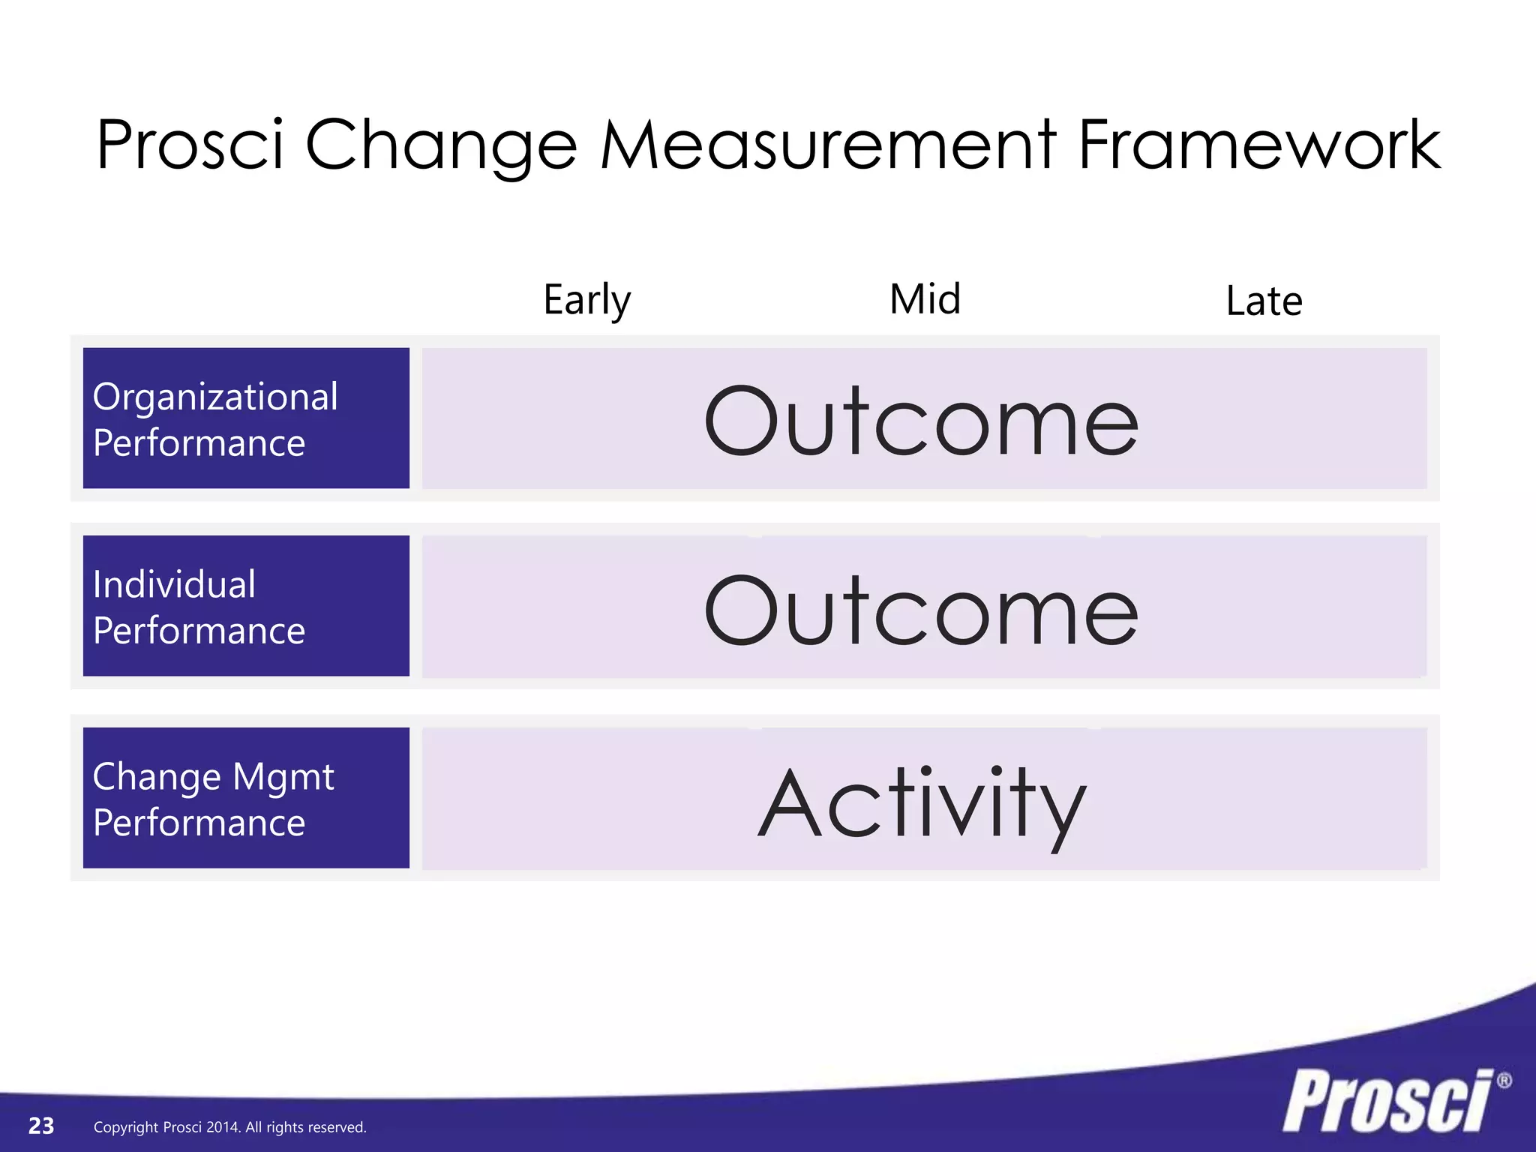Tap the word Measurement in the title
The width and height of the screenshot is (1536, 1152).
click(828, 145)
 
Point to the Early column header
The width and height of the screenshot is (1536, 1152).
click(587, 300)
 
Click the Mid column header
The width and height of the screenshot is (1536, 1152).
click(925, 299)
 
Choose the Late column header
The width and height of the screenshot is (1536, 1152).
click(1264, 301)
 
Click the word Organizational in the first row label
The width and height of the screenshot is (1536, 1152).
click(215, 397)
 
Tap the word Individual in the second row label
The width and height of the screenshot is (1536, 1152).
click(174, 584)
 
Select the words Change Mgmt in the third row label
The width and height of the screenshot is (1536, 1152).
click(213, 777)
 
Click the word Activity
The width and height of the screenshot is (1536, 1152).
click(922, 804)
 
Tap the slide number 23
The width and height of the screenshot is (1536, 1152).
click(41, 1126)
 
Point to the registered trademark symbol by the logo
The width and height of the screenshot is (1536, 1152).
click(1504, 1081)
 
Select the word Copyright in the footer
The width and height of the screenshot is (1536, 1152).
click(126, 1127)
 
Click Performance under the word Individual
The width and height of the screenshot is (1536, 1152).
click(199, 631)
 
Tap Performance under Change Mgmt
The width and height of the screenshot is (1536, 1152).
click(199, 823)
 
